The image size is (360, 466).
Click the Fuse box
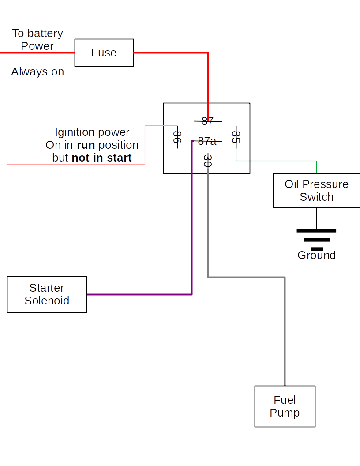pyautogui.click(x=104, y=53)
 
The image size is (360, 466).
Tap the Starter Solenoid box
pyautogui.click(x=47, y=294)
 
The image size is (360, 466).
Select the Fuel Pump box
pyautogui.click(x=285, y=406)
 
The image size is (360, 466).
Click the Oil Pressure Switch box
pyautogui.click(x=316, y=190)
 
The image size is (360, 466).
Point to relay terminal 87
pyautogui.click(x=207, y=121)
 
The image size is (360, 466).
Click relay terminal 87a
pyautogui.click(x=207, y=141)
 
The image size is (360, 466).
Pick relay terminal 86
pyautogui.click(x=177, y=137)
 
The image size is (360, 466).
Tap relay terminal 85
pyautogui.click(x=236, y=137)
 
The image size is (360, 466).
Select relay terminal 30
pyautogui.click(x=208, y=161)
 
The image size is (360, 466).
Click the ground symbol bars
pyautogui.click(x=316, y=240)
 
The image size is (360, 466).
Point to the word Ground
pyautogui.click(x=316, y=255)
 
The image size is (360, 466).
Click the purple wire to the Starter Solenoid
pyautogui.click(x=141, y=294)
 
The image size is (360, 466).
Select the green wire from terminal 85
pyautogui.click(x=278, y=161)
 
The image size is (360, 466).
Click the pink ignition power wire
pyautogui.click(x=75, y=164)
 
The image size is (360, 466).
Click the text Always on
pyautogui.click(x=37, y=71)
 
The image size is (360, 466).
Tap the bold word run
pyautogui.click(x=86, y=145)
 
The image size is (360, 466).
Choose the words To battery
pyautogui.click(x=37, y=34)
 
